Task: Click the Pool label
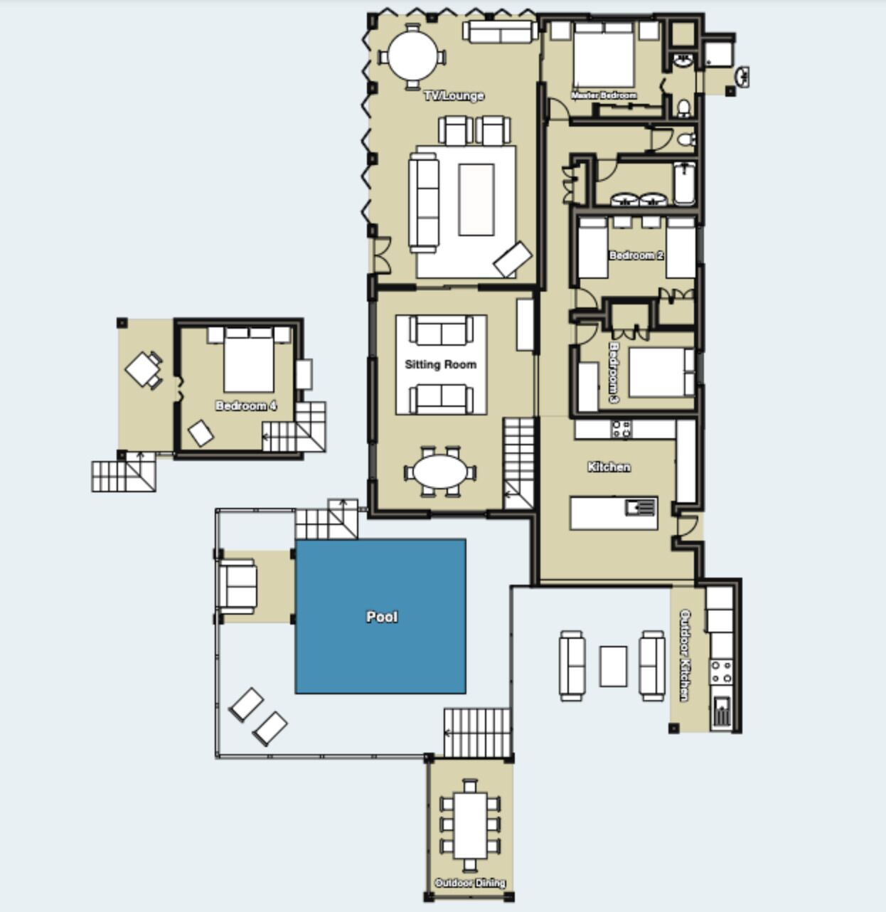[382, 617]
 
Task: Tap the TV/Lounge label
[454, 95]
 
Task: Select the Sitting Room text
[440, 365]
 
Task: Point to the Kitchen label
[609, 467]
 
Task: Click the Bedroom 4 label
[246, 405]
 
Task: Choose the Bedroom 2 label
[636, 255]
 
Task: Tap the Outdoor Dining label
[470, 883]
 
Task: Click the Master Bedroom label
[604, 95]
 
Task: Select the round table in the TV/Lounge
[413, 57]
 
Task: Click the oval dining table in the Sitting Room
[440, 472]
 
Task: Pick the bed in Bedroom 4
[249, 359]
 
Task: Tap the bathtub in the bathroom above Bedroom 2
[685, 183]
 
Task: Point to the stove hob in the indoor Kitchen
[621, 429]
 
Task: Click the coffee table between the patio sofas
[614, 666]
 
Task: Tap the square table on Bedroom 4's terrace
[141, 368]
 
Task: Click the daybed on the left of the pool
[237, 586]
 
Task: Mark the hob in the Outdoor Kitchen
[722, 672]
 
